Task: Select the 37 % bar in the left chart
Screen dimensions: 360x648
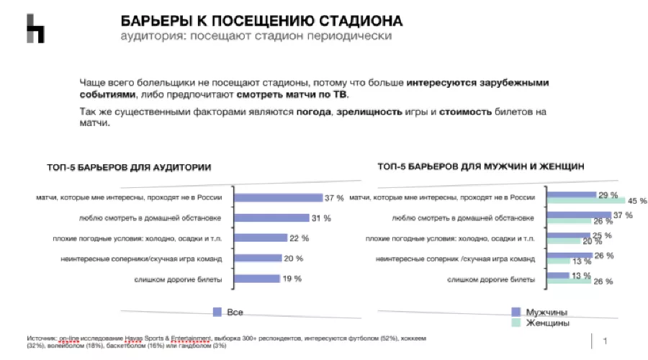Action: pos(279,197)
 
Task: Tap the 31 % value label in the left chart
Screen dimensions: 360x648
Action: pos(321,218)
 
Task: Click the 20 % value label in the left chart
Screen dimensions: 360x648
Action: pos(294,258)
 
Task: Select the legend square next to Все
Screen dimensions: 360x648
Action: pos(217,312)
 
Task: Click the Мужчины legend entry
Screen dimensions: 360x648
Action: pos(546,312)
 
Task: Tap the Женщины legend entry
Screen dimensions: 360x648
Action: pos(547,323)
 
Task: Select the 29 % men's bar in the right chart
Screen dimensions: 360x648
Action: pos(572,194)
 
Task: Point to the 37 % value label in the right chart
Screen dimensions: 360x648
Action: pos(623,215)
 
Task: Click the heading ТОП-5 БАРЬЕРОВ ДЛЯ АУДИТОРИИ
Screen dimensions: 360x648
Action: pos(130,167)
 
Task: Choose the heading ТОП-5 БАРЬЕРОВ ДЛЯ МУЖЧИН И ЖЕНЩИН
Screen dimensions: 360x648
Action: pos(480,166)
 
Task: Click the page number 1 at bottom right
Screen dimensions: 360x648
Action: pos(605,341)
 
